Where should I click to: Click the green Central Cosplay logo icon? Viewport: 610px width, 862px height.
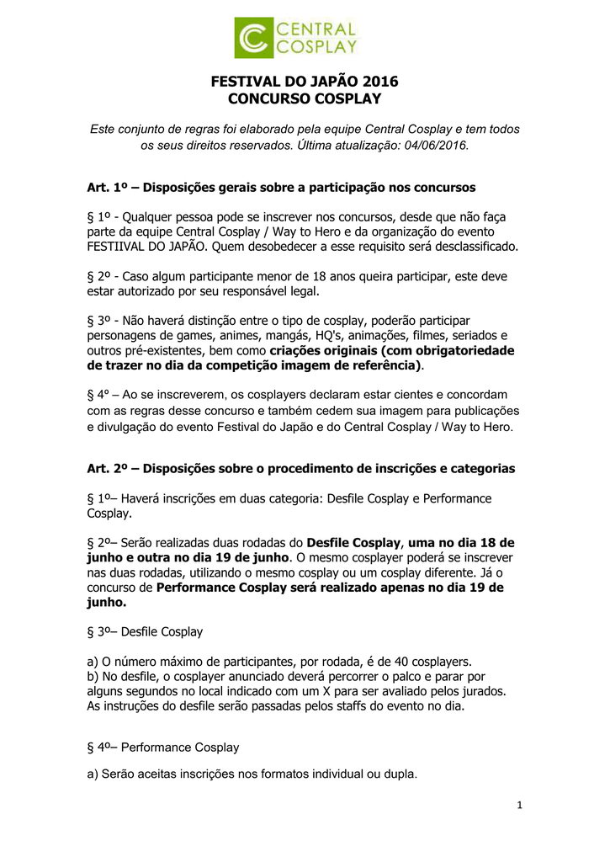(253, 38)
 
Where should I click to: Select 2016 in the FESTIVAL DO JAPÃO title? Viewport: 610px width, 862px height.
(381, 82)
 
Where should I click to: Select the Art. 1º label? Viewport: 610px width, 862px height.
(106, 187)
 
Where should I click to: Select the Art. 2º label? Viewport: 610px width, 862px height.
(106, 468)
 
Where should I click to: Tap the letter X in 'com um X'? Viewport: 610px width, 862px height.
(318, 691)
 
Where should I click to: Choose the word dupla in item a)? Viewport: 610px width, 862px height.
(400, 773)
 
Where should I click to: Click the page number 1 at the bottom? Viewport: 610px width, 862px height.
(520, 806)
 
